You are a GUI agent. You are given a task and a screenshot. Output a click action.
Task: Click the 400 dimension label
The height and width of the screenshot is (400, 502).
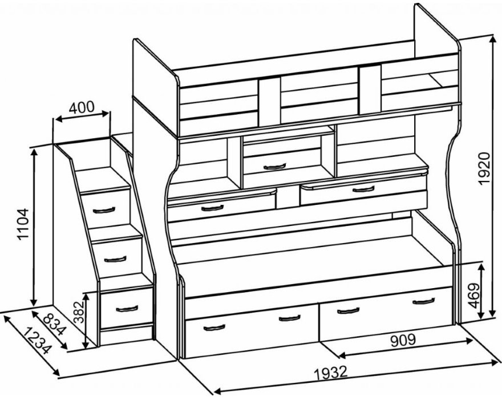pos(82,107)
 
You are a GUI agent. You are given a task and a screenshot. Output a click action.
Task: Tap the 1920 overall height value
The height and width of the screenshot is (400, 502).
pos(484,168)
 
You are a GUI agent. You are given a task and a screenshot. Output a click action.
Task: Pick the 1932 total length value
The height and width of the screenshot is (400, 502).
pos(330,373)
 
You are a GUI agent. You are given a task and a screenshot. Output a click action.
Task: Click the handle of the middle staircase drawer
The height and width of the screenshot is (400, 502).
pos(115,259)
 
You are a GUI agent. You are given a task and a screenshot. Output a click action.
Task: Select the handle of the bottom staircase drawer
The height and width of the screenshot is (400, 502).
pos(126,309)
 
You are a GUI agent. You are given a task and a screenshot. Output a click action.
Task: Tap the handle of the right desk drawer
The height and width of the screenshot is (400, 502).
pos(363,189)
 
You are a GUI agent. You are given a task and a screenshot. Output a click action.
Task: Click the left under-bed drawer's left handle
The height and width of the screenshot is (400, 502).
pos(214,328)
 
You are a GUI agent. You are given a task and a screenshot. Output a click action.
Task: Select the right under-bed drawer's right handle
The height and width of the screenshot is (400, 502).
pos(423,301)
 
